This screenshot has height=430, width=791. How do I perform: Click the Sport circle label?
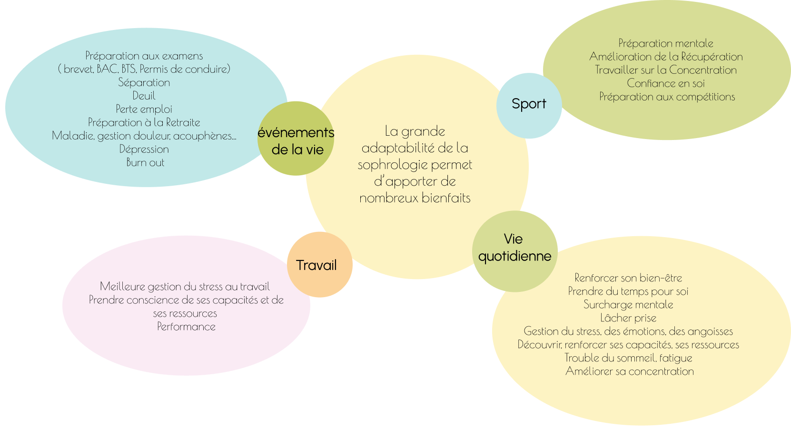pyautogui.click(x=529, y=104)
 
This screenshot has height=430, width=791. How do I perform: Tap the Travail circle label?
pyautogui.click(x=316, y=265)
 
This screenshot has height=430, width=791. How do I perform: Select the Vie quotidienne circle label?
pyautogui.click(x=514, y=248)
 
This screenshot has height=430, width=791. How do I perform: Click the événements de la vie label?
pyautogui.click(x=296, y=141)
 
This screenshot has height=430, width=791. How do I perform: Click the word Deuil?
pyautogui.click(x=144, y=96)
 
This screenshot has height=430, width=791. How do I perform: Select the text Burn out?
pyautogui.click(x=145, y=162)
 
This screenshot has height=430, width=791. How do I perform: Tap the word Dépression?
pyautogui.click(x=144, y=149)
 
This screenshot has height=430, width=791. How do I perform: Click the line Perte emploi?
pyautogui.click(x=144, y=109)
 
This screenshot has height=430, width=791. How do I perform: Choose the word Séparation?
pyautogui.click(x=144, y=82)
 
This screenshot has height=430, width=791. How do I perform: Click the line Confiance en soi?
pyautogui.click(x=666, y=83)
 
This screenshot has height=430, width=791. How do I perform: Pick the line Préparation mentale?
pyautogui.click(x=666, y=43)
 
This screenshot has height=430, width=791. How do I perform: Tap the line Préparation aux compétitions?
pyautogui.click(x=667, y=97)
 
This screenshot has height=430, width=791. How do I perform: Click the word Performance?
pyautogui.click(x=186, y=327)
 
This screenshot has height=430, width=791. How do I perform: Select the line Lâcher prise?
pyautogui.click(x=628, y=318)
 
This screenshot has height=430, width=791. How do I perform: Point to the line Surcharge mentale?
pyautogui.click(x=628, y=305)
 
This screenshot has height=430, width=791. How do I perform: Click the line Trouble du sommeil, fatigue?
pyautogui.click(x=628, y=358)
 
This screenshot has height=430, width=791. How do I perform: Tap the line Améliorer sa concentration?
pyautogui.click(x=629, y=371)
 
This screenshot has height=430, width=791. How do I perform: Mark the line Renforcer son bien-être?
pyautogui.click(x=628, y=278)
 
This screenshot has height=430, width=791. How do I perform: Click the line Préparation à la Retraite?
pyautogui.click(x=144, y=122)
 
